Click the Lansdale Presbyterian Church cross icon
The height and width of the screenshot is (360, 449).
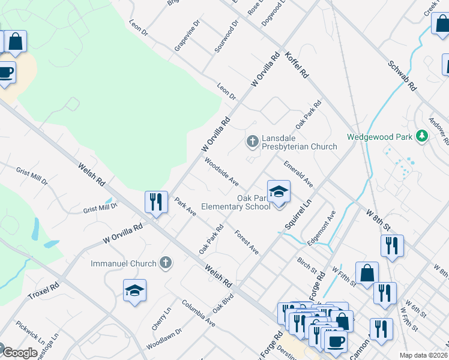point(252,142)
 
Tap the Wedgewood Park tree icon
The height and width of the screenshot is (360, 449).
point(423,137)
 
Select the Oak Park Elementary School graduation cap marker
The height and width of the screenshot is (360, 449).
point(279,193)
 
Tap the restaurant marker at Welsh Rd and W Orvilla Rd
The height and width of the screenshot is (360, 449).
point(156,202)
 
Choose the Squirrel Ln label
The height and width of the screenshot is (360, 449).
point(298,214)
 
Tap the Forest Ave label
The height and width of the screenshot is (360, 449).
point(247,242)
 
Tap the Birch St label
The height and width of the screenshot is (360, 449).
point(307,264)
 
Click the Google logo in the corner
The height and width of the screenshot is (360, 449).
point(20,353)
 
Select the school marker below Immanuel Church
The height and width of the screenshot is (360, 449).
point(135,292)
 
